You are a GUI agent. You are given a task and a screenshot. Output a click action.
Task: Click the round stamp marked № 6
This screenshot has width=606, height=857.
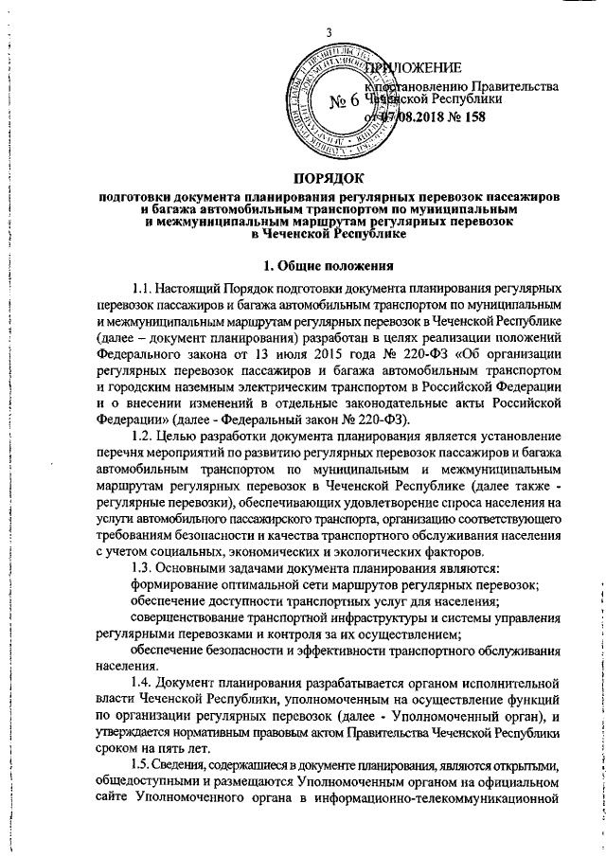pos(339,102)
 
